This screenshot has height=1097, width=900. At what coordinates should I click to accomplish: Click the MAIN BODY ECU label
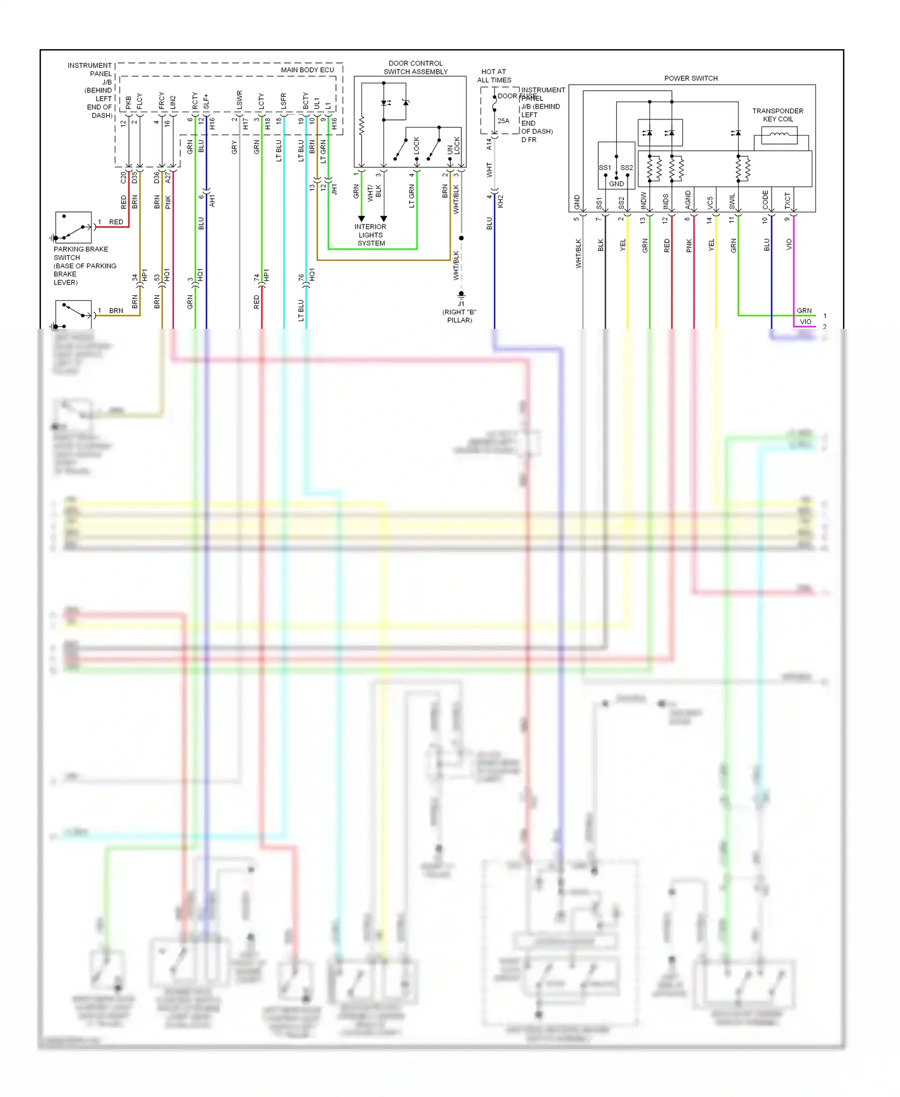[x=307, y=70]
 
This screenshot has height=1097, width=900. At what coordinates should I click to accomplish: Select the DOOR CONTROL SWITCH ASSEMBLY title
[x=415, y=67]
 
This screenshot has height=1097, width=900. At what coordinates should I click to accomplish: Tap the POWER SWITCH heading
[x=691, y=78]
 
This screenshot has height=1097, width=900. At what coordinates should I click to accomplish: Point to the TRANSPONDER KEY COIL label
[x=778, y=115]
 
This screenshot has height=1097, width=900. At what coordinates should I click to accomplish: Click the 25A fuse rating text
[x=503, y=121]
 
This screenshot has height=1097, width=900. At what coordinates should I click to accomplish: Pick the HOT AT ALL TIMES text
[x=494, y=76]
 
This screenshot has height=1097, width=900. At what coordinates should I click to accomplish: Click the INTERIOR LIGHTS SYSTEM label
[x=371, y=235]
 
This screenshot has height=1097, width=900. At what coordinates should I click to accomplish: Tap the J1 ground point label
[x=461, y=304]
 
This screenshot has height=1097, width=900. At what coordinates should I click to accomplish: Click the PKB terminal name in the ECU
[x=128, y=103]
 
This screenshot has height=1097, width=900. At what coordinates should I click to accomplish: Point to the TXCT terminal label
[x=787, y=200]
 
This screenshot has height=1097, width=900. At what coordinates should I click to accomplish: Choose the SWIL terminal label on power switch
[x=732, y=202]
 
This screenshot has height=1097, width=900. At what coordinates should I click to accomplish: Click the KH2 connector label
[x=500, y=201]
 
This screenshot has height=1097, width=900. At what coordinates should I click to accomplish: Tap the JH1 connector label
[x=334, y=190]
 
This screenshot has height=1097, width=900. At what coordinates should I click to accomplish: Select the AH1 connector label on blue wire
[x=212, y=201]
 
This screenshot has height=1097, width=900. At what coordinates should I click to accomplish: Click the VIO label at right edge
[x=805, y=322]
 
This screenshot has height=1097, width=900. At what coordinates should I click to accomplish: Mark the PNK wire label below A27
[x=168, y=202]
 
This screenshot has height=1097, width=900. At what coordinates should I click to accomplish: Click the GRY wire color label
[x=235, y=147]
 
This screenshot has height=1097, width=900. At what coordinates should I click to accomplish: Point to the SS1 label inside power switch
[x=604, y=167]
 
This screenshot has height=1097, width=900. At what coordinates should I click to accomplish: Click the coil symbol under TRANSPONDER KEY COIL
[x=779, y=135]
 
